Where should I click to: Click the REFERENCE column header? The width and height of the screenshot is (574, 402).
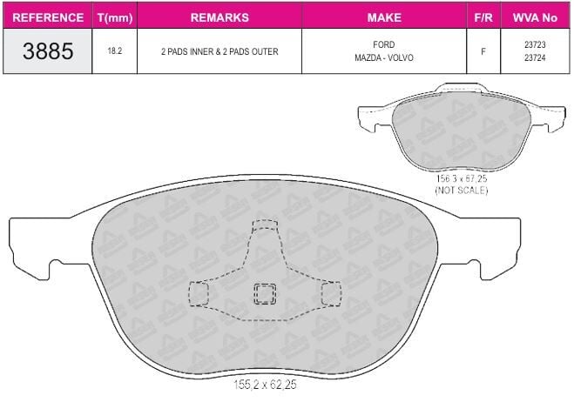[48, 17]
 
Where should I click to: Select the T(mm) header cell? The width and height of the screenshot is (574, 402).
[115, 17]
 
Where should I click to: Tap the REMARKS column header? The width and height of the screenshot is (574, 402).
[219, 17]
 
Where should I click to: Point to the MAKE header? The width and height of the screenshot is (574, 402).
[384, 17]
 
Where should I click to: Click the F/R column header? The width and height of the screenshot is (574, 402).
[483, 17]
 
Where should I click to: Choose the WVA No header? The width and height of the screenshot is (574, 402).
[535, 17]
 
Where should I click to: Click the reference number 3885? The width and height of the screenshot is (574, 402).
[48, 50]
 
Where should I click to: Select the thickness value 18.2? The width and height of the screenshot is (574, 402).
[115, 50]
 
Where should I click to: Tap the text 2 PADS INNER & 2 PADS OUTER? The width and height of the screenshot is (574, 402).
[219, 51]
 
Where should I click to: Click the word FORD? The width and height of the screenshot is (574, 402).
[383, 44]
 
